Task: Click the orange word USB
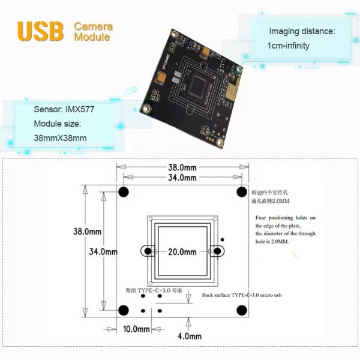click(41, 32)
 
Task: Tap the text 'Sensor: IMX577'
click(64, 110)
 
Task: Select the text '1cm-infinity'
click(289, 46)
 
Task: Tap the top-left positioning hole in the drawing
click(124, 192)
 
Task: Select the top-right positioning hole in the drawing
click(242, 191)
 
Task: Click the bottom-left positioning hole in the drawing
click(124, 310)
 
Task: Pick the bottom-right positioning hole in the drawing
click(242, 310)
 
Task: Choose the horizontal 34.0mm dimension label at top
click(182, 178)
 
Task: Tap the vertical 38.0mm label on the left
click(86, 231)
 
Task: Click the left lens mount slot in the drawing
click(146, 251)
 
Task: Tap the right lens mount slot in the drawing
click(218, 251)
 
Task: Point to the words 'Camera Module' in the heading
click(92, 32)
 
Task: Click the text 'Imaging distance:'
click(301, 31)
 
